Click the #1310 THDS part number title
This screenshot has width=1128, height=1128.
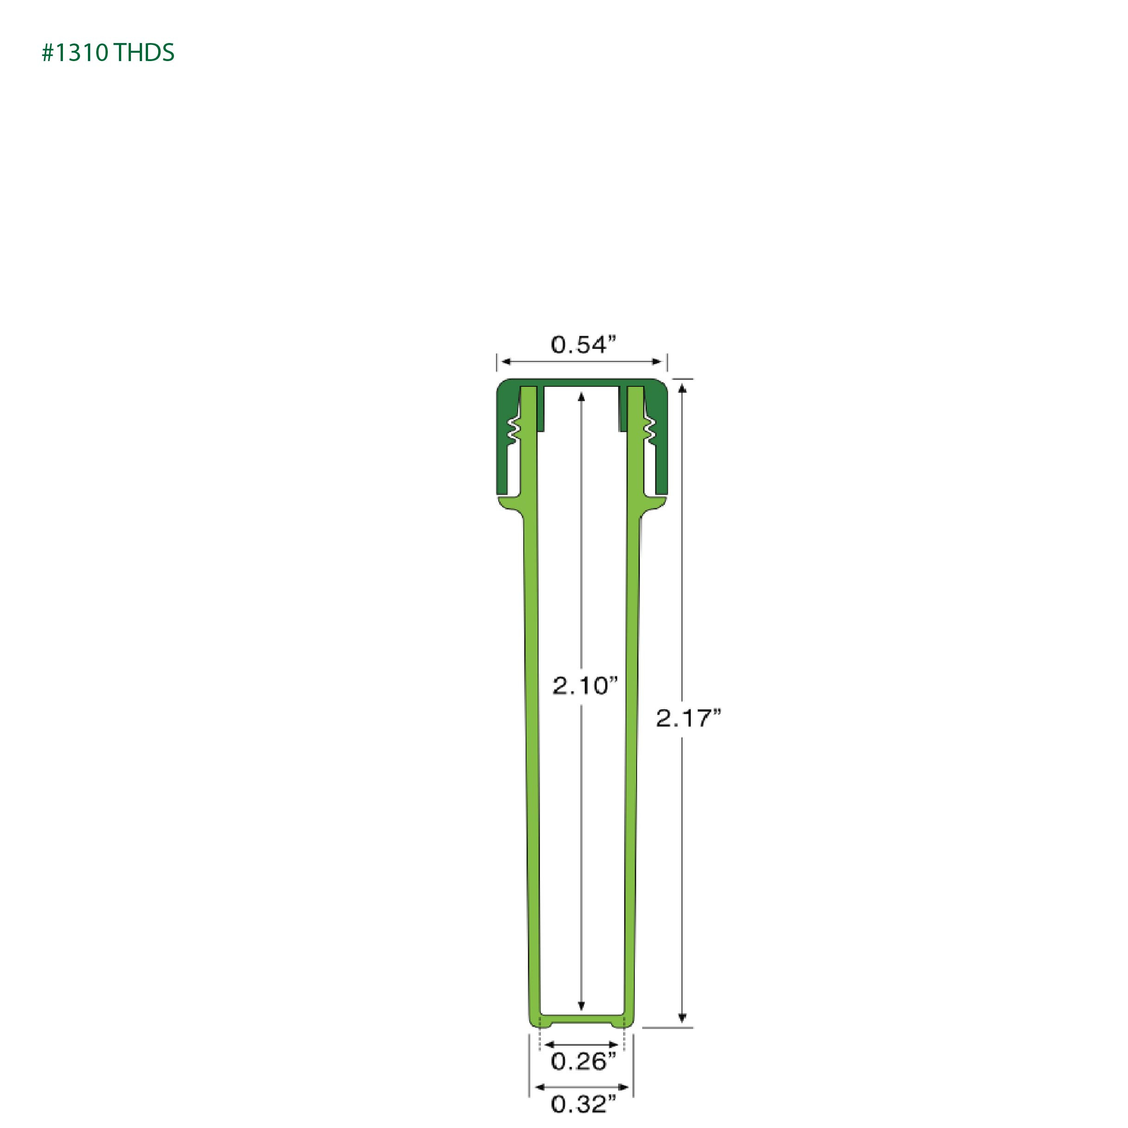108,53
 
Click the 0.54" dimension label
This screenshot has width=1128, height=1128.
583,345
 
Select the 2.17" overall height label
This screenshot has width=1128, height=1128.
689,718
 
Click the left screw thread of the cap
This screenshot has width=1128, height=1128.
514,431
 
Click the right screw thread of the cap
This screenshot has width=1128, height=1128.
649,431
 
